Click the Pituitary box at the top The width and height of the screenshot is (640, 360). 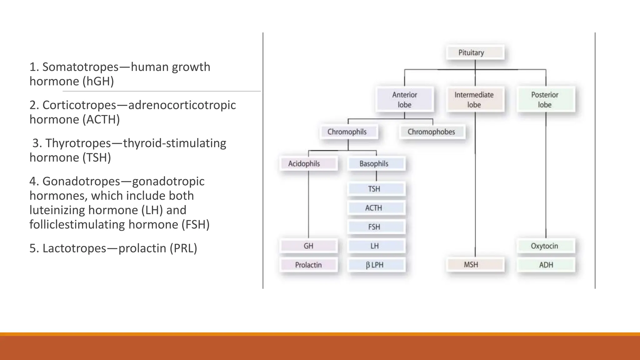475,52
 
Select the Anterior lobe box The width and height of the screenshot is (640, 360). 405,99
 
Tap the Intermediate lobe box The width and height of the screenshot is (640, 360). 475,99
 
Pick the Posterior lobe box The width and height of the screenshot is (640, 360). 545,99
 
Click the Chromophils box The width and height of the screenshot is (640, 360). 348,132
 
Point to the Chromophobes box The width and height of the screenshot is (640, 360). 432,132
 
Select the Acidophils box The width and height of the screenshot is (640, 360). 308,163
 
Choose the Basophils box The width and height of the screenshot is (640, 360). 376,163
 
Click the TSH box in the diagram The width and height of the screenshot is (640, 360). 376,189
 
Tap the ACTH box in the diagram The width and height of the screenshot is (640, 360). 376,208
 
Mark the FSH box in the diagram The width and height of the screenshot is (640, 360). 376,227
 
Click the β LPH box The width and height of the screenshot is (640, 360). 376,265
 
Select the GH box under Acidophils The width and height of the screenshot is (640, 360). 308,246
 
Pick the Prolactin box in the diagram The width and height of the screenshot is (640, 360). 308,265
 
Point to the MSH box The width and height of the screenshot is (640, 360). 475,265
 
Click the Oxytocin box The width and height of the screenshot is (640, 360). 545,246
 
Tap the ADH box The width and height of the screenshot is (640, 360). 545,265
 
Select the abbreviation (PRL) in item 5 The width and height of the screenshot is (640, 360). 183,248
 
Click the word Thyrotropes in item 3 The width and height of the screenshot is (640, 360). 78,143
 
